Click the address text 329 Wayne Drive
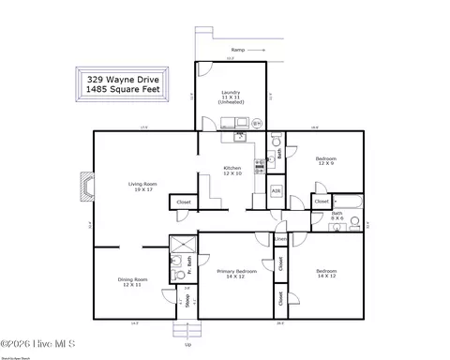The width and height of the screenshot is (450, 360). (124, 81)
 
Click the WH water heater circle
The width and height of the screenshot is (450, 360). (257, 122)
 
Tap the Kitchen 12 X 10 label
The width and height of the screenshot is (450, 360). (232, 171)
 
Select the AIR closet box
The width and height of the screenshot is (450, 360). (276, 191)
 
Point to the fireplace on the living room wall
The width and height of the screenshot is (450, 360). (86, 185)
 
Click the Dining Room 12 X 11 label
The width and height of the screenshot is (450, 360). (131, 281)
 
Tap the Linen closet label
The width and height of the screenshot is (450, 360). (279, 239)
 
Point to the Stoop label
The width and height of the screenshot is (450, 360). (187, 301)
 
